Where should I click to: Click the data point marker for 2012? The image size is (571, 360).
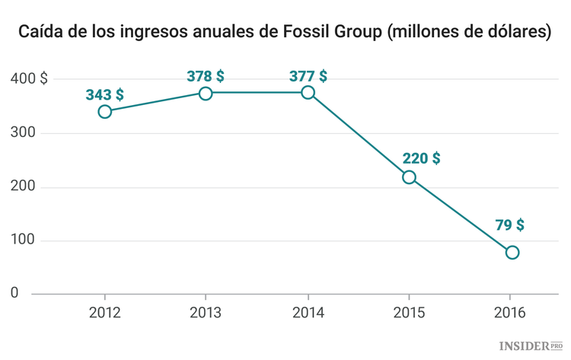(105, 112)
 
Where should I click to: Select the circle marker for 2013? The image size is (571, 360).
(206, 93)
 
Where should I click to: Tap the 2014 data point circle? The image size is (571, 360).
(308, 92)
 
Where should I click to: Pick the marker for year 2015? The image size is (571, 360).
(409, 177)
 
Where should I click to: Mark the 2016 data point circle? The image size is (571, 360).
(512, 252)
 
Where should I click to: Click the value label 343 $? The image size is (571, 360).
(105, 94)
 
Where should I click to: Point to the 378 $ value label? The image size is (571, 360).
(206, 76)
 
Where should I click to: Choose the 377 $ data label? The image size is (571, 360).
(308, 76)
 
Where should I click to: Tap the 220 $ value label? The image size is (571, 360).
(421, 158)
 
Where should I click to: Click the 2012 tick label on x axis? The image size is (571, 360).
(104, 312)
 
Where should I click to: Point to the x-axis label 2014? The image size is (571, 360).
(308, 312)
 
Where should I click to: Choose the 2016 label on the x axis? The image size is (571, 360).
(509, 312)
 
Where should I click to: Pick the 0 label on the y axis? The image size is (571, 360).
(14, 293)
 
